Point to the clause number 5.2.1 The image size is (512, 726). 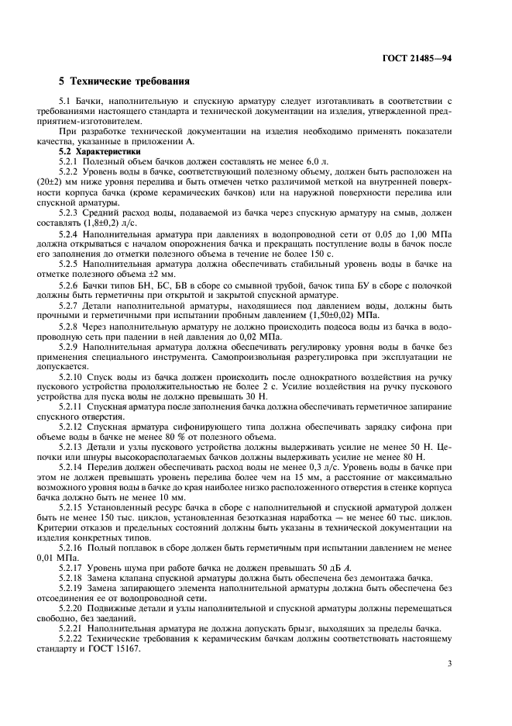tap(73, 161)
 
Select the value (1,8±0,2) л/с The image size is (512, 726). tap(108, 222)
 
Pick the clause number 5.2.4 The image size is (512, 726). tap(73, 232)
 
